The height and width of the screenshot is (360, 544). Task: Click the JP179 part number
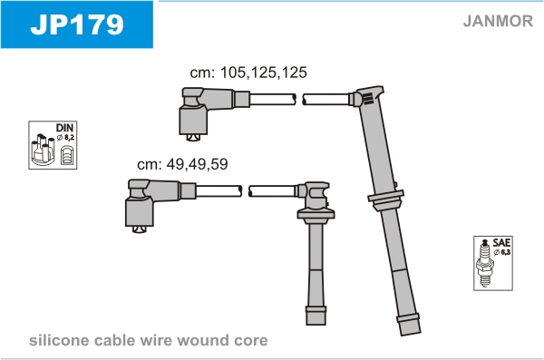(77, 24)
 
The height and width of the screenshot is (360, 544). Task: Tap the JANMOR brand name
(498, 21)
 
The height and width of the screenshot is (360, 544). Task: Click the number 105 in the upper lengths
(233, 73)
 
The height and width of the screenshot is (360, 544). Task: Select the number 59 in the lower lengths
(219, 164)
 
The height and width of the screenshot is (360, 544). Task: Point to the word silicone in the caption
(59, 340)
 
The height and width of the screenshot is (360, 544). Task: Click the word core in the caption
(251, 340)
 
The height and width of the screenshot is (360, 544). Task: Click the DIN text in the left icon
(65, 128)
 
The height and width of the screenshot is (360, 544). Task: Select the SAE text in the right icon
(501, 242)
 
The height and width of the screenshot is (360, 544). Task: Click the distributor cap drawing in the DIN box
(43, 150)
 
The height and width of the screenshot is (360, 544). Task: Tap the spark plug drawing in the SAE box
(485, 263)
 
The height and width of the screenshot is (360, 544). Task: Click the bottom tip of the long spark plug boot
(411, 335)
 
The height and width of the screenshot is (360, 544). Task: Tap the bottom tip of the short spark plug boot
(316, 325)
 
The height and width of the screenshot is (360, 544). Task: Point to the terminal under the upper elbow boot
(193, 138)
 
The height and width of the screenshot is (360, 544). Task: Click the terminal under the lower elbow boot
(139, 229)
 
